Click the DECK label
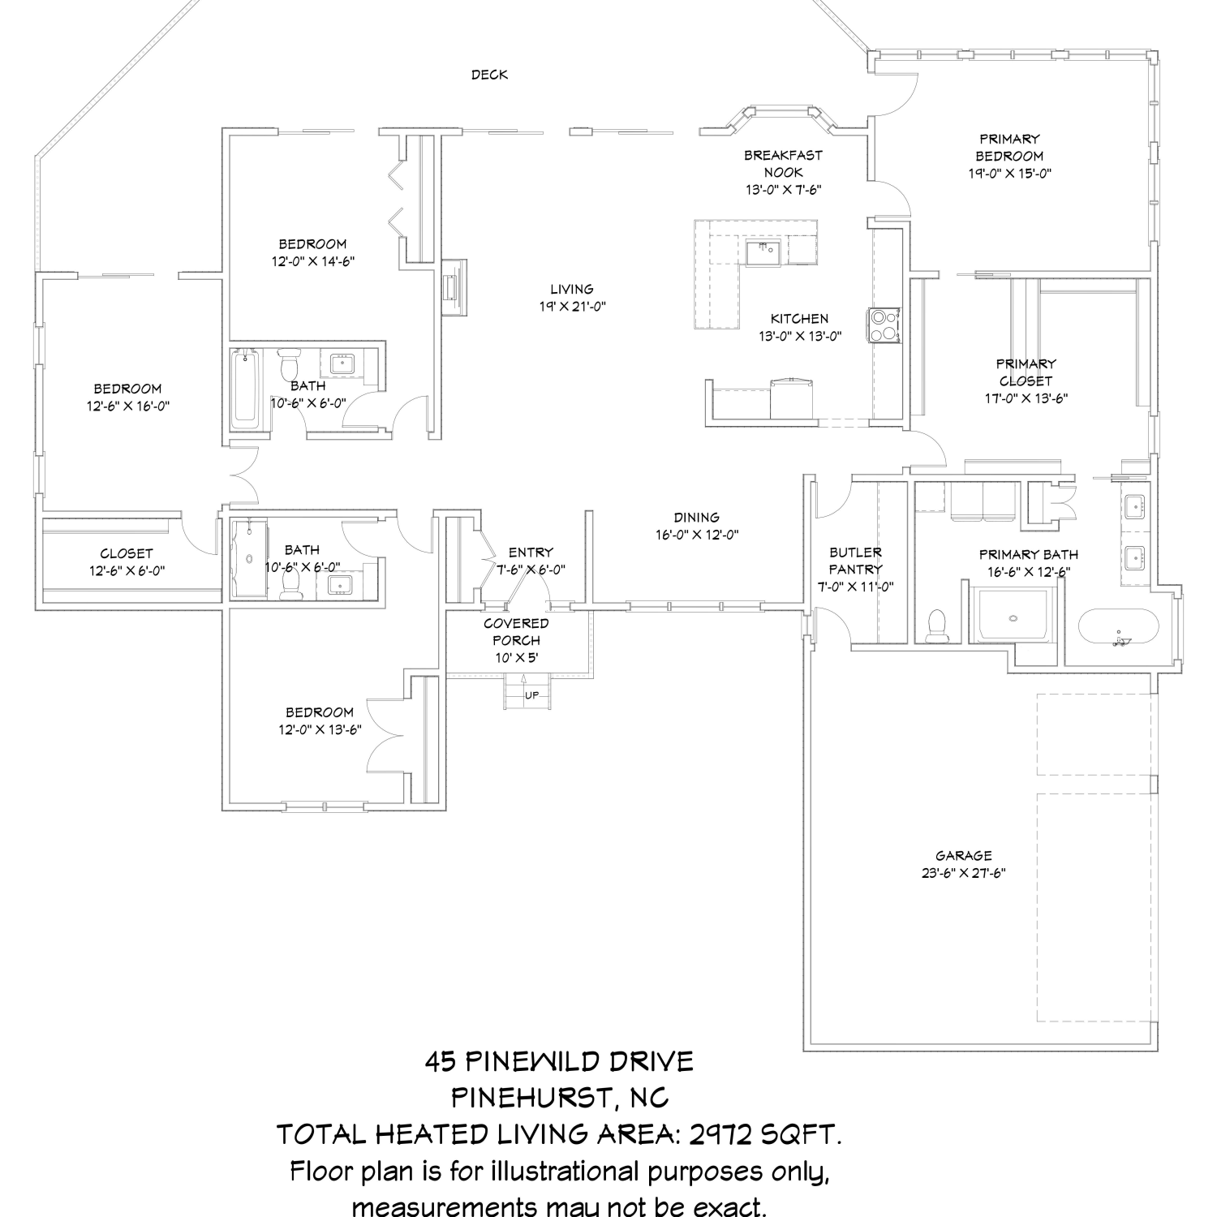pos(490,75)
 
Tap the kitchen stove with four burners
pos(884,325)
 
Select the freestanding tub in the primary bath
pos(1120,627)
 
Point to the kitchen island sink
pos(763,252)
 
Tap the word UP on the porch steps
pos(531,695)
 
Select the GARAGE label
pos(964,855)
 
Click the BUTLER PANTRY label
pos(855,561)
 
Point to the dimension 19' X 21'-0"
pos(572,306)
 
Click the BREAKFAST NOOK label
pos(783,163)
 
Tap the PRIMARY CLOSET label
pos(1026,372)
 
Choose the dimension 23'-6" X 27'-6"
pos(964,873)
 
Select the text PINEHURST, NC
pos(560,1098)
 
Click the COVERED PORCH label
pos(516,631)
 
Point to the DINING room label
pos(697,518)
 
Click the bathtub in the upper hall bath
pos(244,389)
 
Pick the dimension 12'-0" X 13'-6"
pos(320,729)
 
